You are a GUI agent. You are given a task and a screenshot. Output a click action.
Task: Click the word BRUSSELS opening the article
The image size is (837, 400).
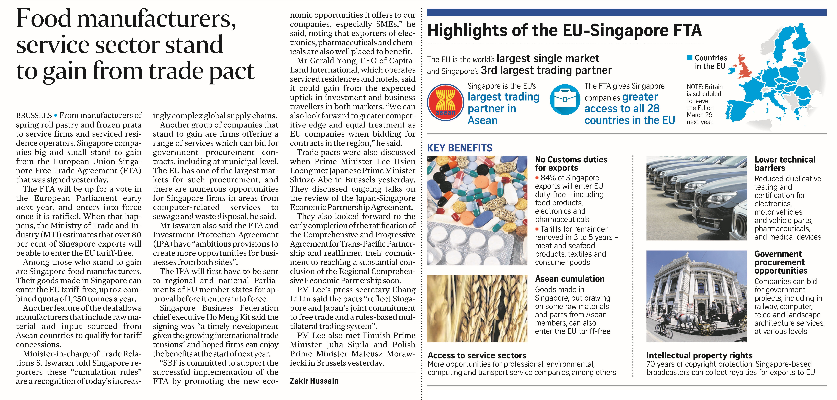34,116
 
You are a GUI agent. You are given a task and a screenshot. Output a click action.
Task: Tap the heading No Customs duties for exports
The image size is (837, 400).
571,164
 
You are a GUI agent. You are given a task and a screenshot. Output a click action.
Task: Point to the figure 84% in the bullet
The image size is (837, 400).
547,178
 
